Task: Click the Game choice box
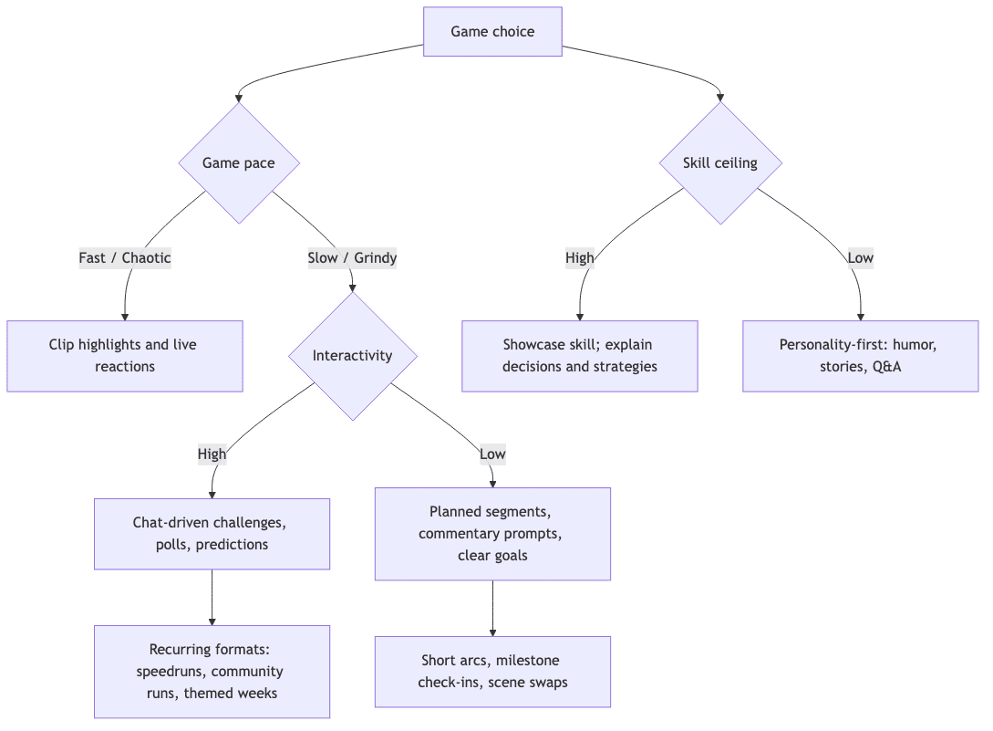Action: (492, 32)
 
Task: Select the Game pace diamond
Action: (239, 163)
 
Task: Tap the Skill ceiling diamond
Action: (720, 163)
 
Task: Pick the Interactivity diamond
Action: (352, 356)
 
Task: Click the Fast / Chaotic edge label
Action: (125, 258)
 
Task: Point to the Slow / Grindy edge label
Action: (352, 258)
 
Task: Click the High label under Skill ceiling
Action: (579, 258)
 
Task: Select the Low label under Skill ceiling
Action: (860, 258)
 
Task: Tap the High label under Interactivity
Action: (212, 454)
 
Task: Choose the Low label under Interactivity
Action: (492, 454)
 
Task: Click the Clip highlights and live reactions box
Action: (125, 356)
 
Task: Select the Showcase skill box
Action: (579, 356)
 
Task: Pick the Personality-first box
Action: (860, 356)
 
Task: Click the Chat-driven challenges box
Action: (212, 534)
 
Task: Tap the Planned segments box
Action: (492, 534)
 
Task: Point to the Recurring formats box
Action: (212, 672)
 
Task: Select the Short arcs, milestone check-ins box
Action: (492, 672)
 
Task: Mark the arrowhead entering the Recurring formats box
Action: (212, 621)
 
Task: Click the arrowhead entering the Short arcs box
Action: (492, 632)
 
